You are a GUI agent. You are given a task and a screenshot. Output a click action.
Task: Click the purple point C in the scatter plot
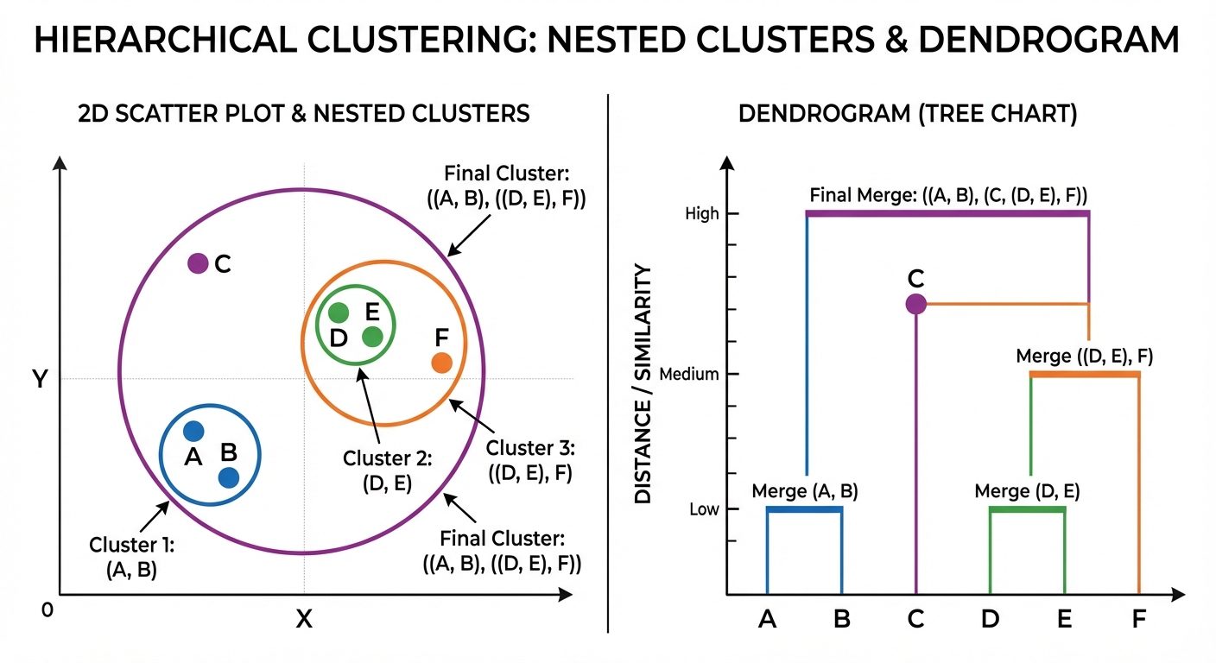198,263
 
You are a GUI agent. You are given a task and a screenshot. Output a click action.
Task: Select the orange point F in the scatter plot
441,363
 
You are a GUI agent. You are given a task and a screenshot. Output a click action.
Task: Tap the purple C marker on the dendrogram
915,304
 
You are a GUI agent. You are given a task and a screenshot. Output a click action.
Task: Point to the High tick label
701,214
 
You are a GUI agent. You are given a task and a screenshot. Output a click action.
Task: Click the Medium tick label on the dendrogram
688,375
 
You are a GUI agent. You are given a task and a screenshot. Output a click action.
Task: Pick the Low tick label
704,509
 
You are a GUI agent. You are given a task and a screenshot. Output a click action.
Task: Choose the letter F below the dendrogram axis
1139,619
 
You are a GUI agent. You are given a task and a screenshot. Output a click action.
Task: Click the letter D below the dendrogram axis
991,619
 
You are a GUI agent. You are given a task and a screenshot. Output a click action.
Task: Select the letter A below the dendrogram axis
767,619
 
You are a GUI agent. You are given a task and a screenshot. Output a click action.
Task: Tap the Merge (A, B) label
804,491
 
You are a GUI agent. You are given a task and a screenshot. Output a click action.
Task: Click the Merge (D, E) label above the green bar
1027,491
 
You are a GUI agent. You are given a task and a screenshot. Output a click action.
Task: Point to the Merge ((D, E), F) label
1085,356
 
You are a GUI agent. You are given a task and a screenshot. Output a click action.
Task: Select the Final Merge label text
948,194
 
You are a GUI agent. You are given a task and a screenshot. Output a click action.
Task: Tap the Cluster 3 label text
530,461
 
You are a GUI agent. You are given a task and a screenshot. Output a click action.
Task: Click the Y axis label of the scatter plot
39,379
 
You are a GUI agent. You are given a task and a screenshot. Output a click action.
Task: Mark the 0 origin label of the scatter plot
47,609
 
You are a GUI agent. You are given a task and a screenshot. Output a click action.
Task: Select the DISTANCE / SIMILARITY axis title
643,384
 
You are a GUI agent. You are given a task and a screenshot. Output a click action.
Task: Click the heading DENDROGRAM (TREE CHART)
908,115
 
